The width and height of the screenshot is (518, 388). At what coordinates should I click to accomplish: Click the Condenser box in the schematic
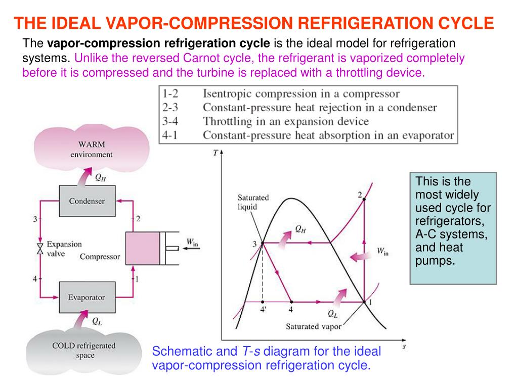tap(87, 201)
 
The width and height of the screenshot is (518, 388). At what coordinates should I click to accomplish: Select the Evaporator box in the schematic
tap(87, 297)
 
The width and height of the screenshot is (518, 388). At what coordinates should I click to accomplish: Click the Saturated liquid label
tap(253, 202)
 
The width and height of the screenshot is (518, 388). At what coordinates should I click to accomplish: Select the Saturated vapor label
tap(314, 326)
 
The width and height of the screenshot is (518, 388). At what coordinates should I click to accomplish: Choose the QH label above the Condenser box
tap(101, 177)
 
